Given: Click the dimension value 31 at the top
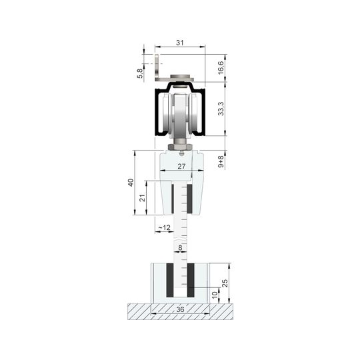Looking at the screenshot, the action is point(180,43).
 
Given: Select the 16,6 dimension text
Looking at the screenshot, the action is point(221,68).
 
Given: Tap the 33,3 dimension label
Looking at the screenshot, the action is point(221,109).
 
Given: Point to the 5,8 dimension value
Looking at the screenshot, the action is point(140,73).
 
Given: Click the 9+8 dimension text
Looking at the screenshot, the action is point(221,161).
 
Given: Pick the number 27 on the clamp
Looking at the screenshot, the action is point(181,166).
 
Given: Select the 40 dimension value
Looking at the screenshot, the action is point(131,183).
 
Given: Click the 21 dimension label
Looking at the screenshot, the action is point(143,198).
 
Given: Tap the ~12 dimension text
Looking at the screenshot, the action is point(165,227).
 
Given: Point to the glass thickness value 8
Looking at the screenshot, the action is point(180,248).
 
